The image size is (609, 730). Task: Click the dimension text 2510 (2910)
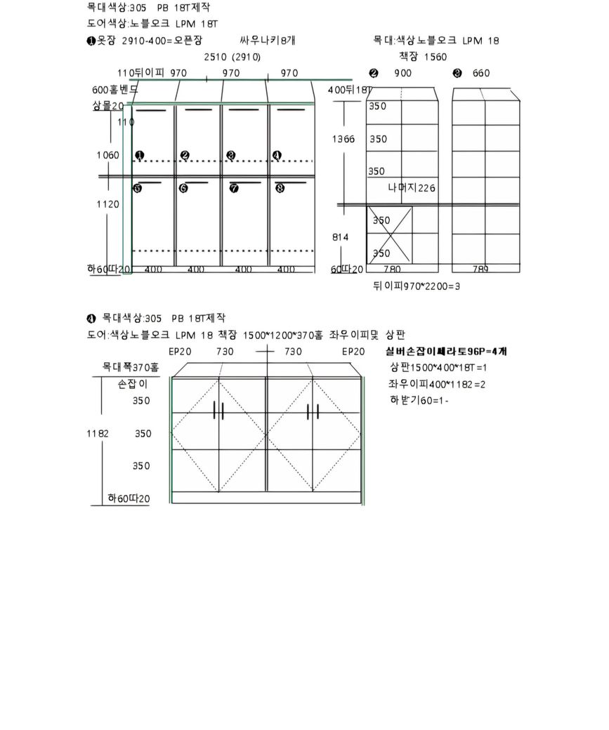[x=233, y=57]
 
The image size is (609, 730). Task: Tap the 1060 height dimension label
[x=107, y=155]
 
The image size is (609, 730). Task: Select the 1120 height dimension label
[x=107, y=204]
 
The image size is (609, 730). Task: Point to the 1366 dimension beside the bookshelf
[x=343, y=139]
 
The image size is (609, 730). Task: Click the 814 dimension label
[x=341, y=237]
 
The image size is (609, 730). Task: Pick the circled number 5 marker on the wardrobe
[x=138, y=188]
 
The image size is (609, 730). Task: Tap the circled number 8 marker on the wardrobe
[x=280, y=188]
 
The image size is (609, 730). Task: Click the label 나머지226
[x=412, y=188]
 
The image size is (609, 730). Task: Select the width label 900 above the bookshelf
[x=402, y=73]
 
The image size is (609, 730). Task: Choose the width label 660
[x=481, y=73]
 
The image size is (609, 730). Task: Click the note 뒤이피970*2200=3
[x=416, y=286]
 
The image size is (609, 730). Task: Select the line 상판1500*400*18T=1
[x=438, y=368]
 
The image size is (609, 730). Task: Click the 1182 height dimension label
[x=98, y=434]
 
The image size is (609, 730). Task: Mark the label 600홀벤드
[x=114, y=90]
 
